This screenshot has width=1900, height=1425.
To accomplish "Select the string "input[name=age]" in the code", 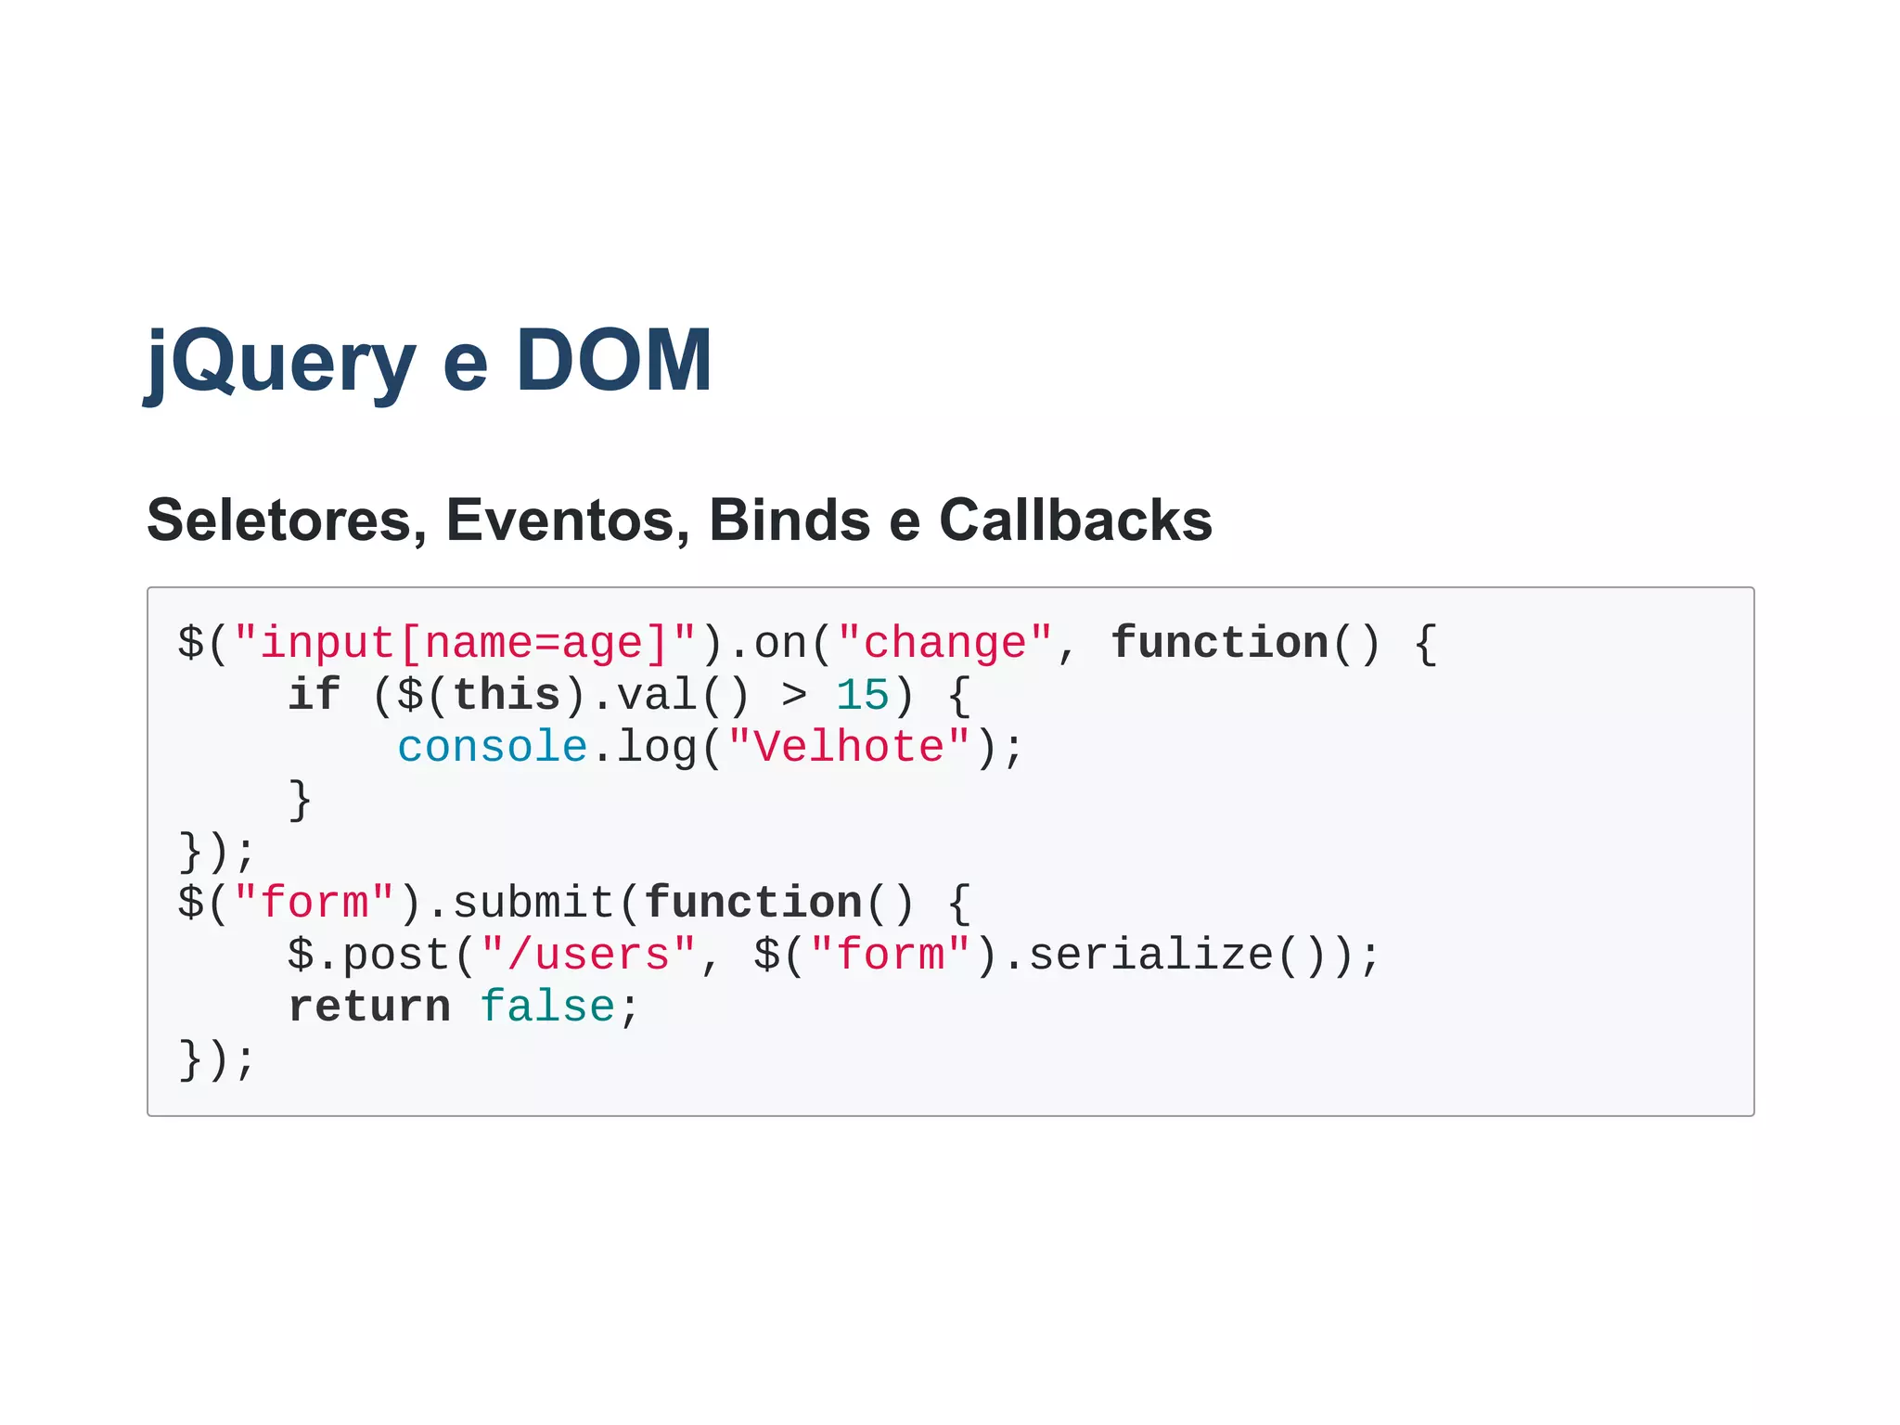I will pos(464,643).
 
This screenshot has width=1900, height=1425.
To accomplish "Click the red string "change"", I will pos(944,643).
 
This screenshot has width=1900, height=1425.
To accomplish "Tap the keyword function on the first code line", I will pos(1219,643).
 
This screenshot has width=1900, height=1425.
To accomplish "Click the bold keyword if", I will pos(314,695).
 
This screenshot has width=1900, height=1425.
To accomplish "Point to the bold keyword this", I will pos(507,695).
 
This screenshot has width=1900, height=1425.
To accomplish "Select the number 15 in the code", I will pos(862,695).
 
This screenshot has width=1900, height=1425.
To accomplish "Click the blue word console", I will pos(492,747).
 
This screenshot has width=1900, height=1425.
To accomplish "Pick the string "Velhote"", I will pos(848,747).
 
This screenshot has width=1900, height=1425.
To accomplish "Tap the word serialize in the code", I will pos(1151,955).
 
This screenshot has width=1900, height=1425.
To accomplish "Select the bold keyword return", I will pos(368,1007).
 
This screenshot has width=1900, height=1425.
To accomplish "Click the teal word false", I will pos(546,1007).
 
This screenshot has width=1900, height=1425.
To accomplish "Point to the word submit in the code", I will pos(533,903).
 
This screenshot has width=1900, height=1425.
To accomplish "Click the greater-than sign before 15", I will pos(793,695).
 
